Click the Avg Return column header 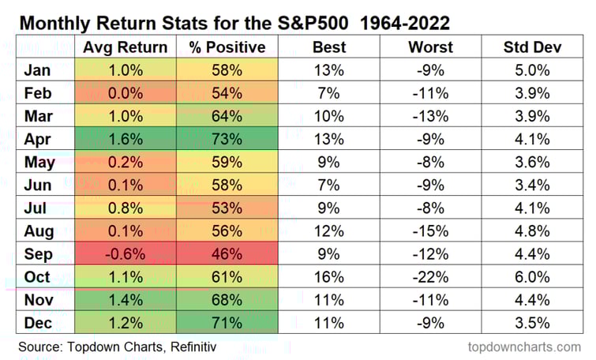coord(125,47)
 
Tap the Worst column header coord(430,47)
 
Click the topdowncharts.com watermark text coord(523,347)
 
